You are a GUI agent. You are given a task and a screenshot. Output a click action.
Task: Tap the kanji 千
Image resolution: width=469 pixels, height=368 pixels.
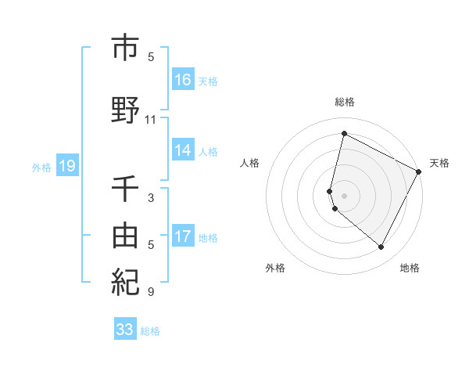pyautogui.click(x=125, y=188)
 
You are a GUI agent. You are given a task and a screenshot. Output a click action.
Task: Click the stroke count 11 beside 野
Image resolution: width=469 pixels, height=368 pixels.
pyautogui.click(x=151, y=120)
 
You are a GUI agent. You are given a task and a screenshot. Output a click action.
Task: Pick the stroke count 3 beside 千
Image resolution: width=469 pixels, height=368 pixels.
pyautogui.click(x=151, y=198)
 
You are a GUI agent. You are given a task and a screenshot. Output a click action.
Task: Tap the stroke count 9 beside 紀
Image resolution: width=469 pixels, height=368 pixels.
pyautogui.click(x=151, y=292)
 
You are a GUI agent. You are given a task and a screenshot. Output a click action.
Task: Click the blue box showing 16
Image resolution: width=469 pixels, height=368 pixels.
pyautogui.click(x=183, y=80)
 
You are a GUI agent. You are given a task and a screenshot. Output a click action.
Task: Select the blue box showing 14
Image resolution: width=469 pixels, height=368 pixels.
pyautogui.click(x=183, y=150)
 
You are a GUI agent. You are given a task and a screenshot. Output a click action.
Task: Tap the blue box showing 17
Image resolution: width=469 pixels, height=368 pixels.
pyautogui.click(x=183, y=236)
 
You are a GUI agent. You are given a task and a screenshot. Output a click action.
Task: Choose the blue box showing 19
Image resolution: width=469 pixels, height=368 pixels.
pyautogui.click(x=67, y=166)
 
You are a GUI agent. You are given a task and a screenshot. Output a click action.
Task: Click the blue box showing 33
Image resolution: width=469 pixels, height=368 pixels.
pyautogui.click(x=125, y=330)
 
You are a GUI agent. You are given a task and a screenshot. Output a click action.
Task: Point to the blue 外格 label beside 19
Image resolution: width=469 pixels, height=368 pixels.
pyautogui.click(x=41, y=167)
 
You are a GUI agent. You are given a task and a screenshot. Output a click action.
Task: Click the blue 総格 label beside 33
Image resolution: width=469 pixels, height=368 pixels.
pyautogui.click(x=151, y=331)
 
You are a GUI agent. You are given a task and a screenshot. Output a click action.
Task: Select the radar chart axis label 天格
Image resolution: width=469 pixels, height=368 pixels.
pyautogui.click(x=439, y=163)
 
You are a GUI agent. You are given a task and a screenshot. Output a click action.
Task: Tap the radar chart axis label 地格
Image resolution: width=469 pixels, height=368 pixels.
pyautogui.click(x=410, y=268)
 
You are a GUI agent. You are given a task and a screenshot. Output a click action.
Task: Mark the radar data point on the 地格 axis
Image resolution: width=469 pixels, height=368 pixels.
pyautogui.click(x=381, y=247)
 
